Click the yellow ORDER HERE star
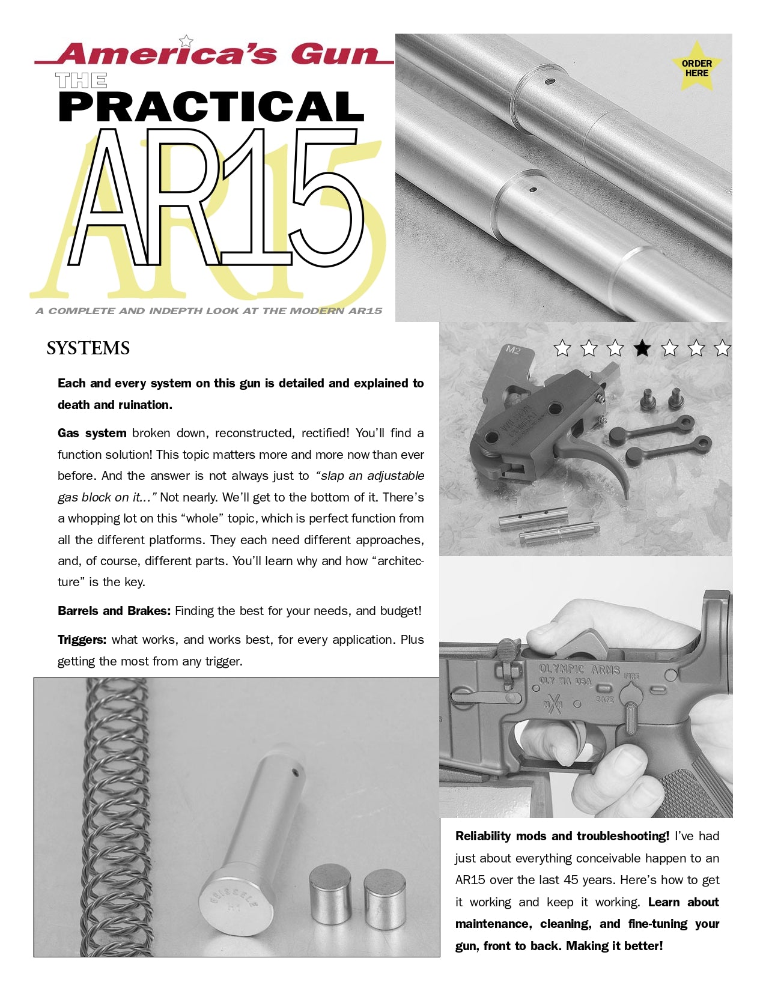(696, 67)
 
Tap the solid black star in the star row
(642, 348)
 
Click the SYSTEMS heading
(88, 348)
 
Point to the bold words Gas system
(92, 433)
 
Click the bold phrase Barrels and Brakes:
(114, 611)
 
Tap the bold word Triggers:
(82, 640)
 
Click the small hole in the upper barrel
(549, 81)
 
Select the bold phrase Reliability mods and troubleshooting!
(562, 836)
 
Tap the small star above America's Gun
(186, 41)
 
